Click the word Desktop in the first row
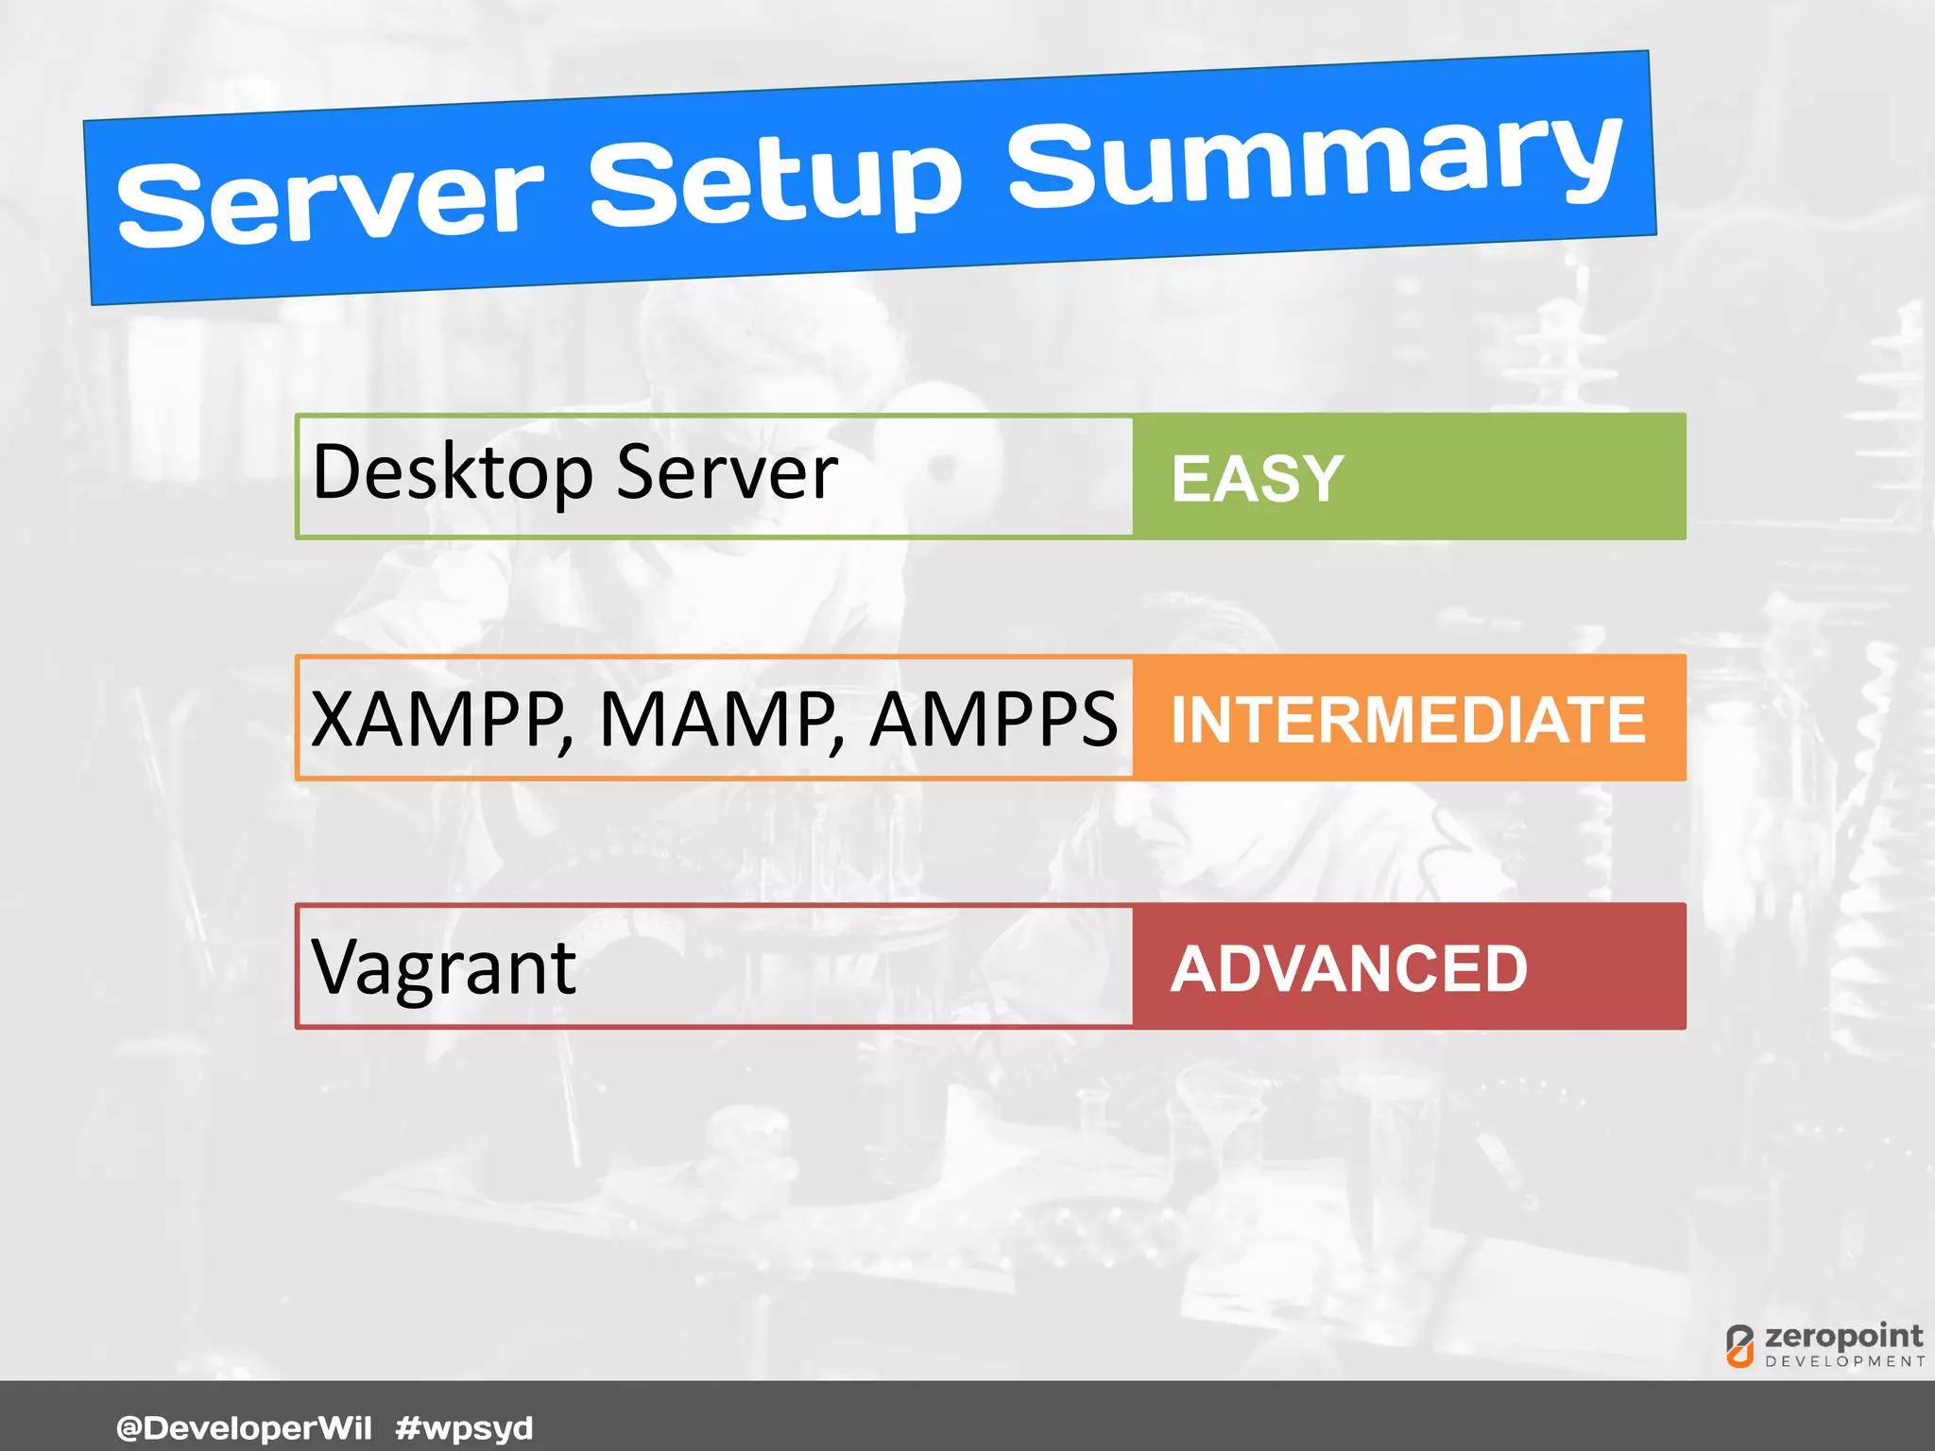[x=452, y=472]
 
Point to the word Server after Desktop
[x=727, y=472]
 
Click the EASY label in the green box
[x=1257, y=479]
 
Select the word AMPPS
[x=993, y=720]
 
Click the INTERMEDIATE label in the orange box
[x=1408, y=720]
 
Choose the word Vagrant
[x=443, y=968]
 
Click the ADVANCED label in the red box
[x=1348, y=969]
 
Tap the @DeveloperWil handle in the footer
[x=244, y=1427]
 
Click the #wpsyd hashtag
[x=464, y=1427]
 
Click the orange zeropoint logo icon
[x=1739, y=1346]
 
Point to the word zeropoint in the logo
[x=1842, y=1337]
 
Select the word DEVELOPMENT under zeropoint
[x=1844, y=1361]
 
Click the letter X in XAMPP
[x=333, y=720]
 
